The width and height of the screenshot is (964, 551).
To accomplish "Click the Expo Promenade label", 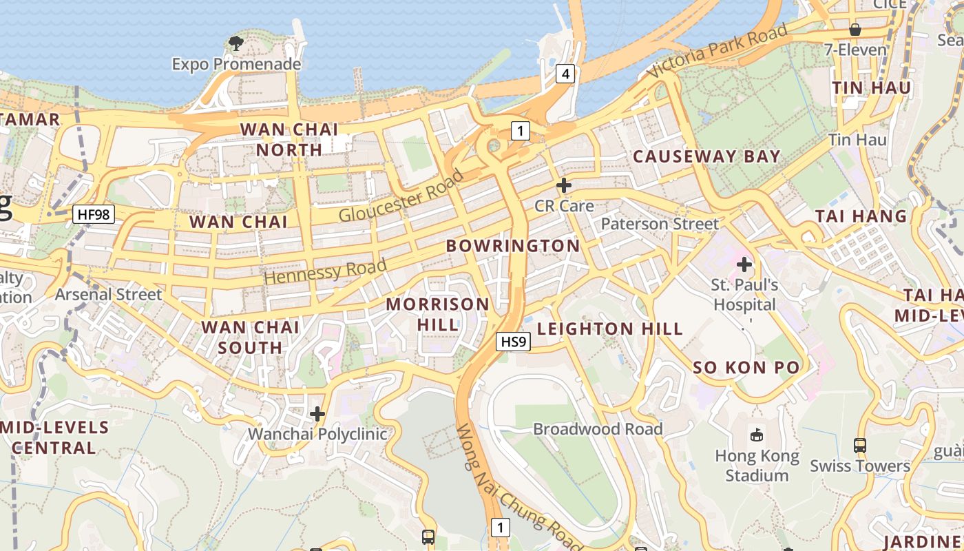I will pos(236,64).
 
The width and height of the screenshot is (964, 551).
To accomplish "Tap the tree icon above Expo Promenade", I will pos(236,43).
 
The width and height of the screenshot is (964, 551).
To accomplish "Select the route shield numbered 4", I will pos(565,74).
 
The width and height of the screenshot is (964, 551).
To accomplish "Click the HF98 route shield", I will pos(94,214).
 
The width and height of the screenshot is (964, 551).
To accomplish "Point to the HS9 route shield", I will pos(513,341).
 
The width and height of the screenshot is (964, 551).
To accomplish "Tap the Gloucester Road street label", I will pos(401,196).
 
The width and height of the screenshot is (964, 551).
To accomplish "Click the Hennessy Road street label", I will pos(325,271).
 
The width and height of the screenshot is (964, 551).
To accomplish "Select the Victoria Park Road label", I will pos(717,52).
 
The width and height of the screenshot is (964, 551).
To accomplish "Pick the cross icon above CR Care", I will pos(564,185).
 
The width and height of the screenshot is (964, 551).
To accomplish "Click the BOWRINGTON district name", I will pos(513,246).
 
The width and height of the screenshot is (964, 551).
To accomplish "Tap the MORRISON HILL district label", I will pos(438,314).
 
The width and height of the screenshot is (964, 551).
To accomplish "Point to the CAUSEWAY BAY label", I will pos(706,156).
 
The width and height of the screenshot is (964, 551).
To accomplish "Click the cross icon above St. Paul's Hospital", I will pos(744,264).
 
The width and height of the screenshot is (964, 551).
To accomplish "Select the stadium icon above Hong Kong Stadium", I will pos(757,435).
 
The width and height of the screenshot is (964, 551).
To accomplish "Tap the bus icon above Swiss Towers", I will pos(860,445).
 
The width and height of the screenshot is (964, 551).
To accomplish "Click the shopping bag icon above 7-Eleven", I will pos(855,30).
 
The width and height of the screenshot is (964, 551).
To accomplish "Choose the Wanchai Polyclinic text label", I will pos(317,434).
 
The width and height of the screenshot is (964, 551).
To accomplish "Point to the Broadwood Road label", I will pos(598,429).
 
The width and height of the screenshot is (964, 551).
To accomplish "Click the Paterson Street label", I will pos(659,224).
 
